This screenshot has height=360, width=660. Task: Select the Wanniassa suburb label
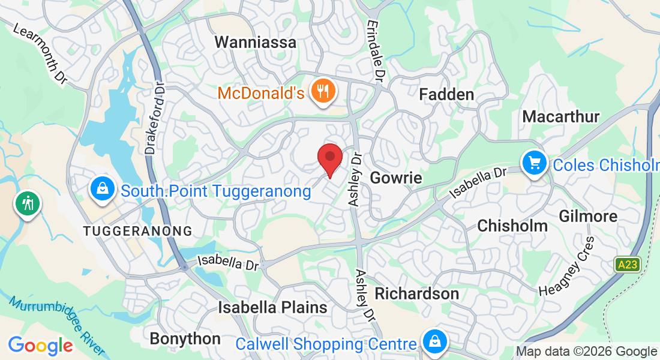pos(256,43)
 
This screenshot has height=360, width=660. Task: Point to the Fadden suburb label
pos(446,94)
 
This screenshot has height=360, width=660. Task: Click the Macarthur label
pos(561,116)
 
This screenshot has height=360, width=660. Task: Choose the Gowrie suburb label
pos(396,178)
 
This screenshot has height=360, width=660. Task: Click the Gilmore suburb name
pos(588,216)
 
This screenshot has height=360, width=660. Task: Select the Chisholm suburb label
pos(512,226)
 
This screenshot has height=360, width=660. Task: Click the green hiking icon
pos(27,203)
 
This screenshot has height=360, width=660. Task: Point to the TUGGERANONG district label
pos(138,231)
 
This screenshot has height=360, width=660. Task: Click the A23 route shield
pos(628,264)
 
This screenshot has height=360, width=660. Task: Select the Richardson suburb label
pos(417,294)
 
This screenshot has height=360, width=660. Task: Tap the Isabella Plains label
pos(272,308)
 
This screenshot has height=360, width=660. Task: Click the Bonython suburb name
pos(185,338)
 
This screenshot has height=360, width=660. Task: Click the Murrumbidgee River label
pos(57,324)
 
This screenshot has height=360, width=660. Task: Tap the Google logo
pos(41,346)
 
